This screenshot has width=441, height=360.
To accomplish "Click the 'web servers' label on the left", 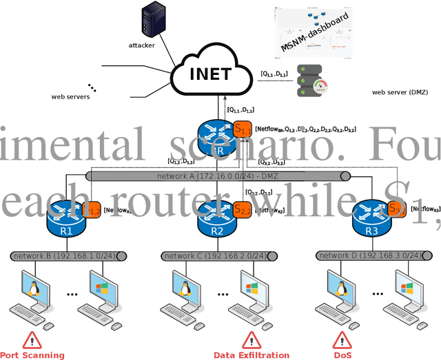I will pos(70,97).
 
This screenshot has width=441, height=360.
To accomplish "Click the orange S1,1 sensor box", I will pos(243,129).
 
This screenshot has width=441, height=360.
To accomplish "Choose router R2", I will pos(216,219).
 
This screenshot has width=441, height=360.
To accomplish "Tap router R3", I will pos(369,219).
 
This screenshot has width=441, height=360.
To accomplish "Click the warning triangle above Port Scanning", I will pos(32,339).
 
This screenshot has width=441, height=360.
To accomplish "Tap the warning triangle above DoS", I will pos(342,339).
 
